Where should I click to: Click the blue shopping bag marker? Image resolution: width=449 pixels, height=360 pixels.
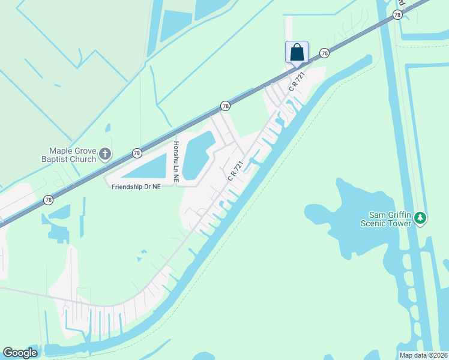(297, 52)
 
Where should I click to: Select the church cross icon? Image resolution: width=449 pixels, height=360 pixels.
(105, 155)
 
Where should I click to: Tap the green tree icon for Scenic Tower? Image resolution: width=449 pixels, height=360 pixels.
(421, 218)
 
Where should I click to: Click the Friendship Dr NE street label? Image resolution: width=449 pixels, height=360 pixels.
(136, 187)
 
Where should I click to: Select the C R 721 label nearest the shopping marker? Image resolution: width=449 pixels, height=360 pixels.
(297, 81)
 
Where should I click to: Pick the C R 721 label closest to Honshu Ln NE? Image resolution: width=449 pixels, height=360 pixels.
(236, 171)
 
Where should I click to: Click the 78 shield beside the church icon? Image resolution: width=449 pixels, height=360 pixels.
(137, 153)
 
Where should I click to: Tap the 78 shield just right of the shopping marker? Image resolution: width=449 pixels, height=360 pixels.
(325, 53)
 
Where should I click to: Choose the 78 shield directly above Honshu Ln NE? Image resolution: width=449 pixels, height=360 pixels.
(225, 106)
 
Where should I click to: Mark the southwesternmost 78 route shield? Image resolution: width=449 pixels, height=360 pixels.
(48, 200)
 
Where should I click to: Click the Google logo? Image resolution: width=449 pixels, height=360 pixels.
(20, 353)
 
